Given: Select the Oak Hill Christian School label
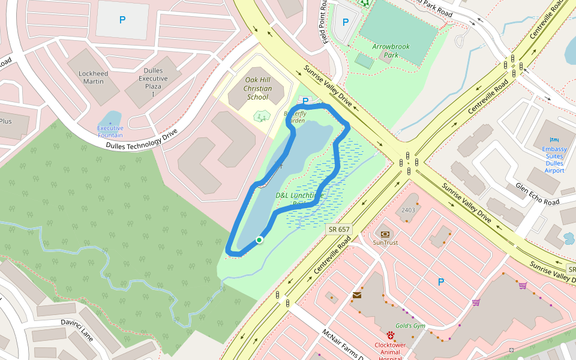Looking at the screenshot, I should [257, 88].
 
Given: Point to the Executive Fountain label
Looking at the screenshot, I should [110, 131].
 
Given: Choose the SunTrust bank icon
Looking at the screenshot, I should [385, 233].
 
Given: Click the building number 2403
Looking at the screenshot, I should [409, 210].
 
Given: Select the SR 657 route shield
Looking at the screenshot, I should [340, 229].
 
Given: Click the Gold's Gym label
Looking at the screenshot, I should [410, 326].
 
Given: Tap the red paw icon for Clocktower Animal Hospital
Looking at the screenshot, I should [391, 335].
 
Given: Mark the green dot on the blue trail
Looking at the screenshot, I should [259, 240].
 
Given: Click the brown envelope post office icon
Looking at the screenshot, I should [357, 295].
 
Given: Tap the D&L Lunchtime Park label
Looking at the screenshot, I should [299, 199].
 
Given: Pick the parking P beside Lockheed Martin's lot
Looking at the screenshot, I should [122, 20].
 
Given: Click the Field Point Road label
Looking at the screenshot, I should [325, 22].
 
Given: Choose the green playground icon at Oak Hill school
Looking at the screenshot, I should [261, 116].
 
